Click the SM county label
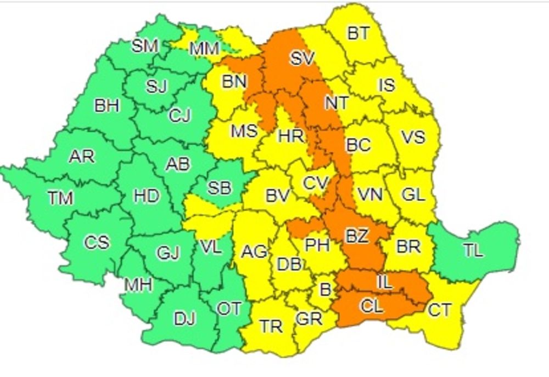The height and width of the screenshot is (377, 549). (x=145, y=46)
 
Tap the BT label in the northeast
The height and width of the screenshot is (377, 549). (x=358, y=33)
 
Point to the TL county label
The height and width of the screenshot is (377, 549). (x=473, y=250)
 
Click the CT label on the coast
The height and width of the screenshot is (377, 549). (x=439, y=311)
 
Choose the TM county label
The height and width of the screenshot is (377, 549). (x=60, y=197)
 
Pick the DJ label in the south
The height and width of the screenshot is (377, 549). (x=185, y=318)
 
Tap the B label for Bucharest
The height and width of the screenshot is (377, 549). (x=325, y=289)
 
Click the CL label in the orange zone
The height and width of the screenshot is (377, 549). (x=372, y=306)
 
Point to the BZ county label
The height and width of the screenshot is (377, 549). (x=357, y=236)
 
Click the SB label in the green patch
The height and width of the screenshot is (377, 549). (x=219, y=188)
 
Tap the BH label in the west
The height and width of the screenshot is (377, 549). (x=107, y=105)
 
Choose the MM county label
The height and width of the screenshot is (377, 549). (x=204, y=49)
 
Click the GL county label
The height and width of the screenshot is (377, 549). (x=413, y=195)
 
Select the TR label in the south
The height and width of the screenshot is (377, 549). (x=271, y=327)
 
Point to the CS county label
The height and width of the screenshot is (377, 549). (x=97, y=242)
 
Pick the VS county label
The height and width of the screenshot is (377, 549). (x=413, y=136)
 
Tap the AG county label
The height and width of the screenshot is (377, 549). (x=254, y=252)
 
